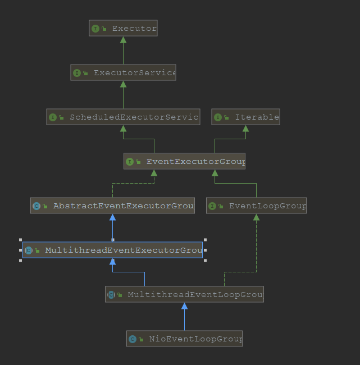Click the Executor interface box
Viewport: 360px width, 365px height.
coord(123,28)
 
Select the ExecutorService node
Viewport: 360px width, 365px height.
coord(123,72)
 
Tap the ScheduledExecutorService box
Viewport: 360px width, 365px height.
coord(123,117)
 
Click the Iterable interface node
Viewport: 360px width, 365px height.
coord(245,117)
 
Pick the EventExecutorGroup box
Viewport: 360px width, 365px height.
coord(184,161)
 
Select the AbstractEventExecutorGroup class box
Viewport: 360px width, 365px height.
coord(112,206)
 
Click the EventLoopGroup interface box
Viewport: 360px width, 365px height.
coord(256,206)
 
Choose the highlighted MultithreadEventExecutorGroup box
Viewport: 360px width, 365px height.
coord(112,250)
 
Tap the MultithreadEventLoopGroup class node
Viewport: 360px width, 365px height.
coord(184,294)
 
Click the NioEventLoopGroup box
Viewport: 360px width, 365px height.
coord(184,339)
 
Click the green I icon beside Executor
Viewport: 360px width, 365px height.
coord(95,28)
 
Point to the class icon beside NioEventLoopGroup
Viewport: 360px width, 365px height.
coord(133,339)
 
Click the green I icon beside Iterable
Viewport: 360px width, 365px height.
coord(218,117)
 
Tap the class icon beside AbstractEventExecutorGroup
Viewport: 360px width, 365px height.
coord(37,206)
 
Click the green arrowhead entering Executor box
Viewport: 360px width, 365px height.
coord(123,40)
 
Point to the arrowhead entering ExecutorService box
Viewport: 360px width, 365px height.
coord(123,84)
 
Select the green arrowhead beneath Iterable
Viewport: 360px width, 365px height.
coord(245,129)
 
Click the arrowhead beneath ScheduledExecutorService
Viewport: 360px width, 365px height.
coord(123,129)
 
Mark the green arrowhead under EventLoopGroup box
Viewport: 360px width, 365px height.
coord(256,217)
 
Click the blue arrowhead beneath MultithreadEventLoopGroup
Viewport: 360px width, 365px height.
coord(184,306)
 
